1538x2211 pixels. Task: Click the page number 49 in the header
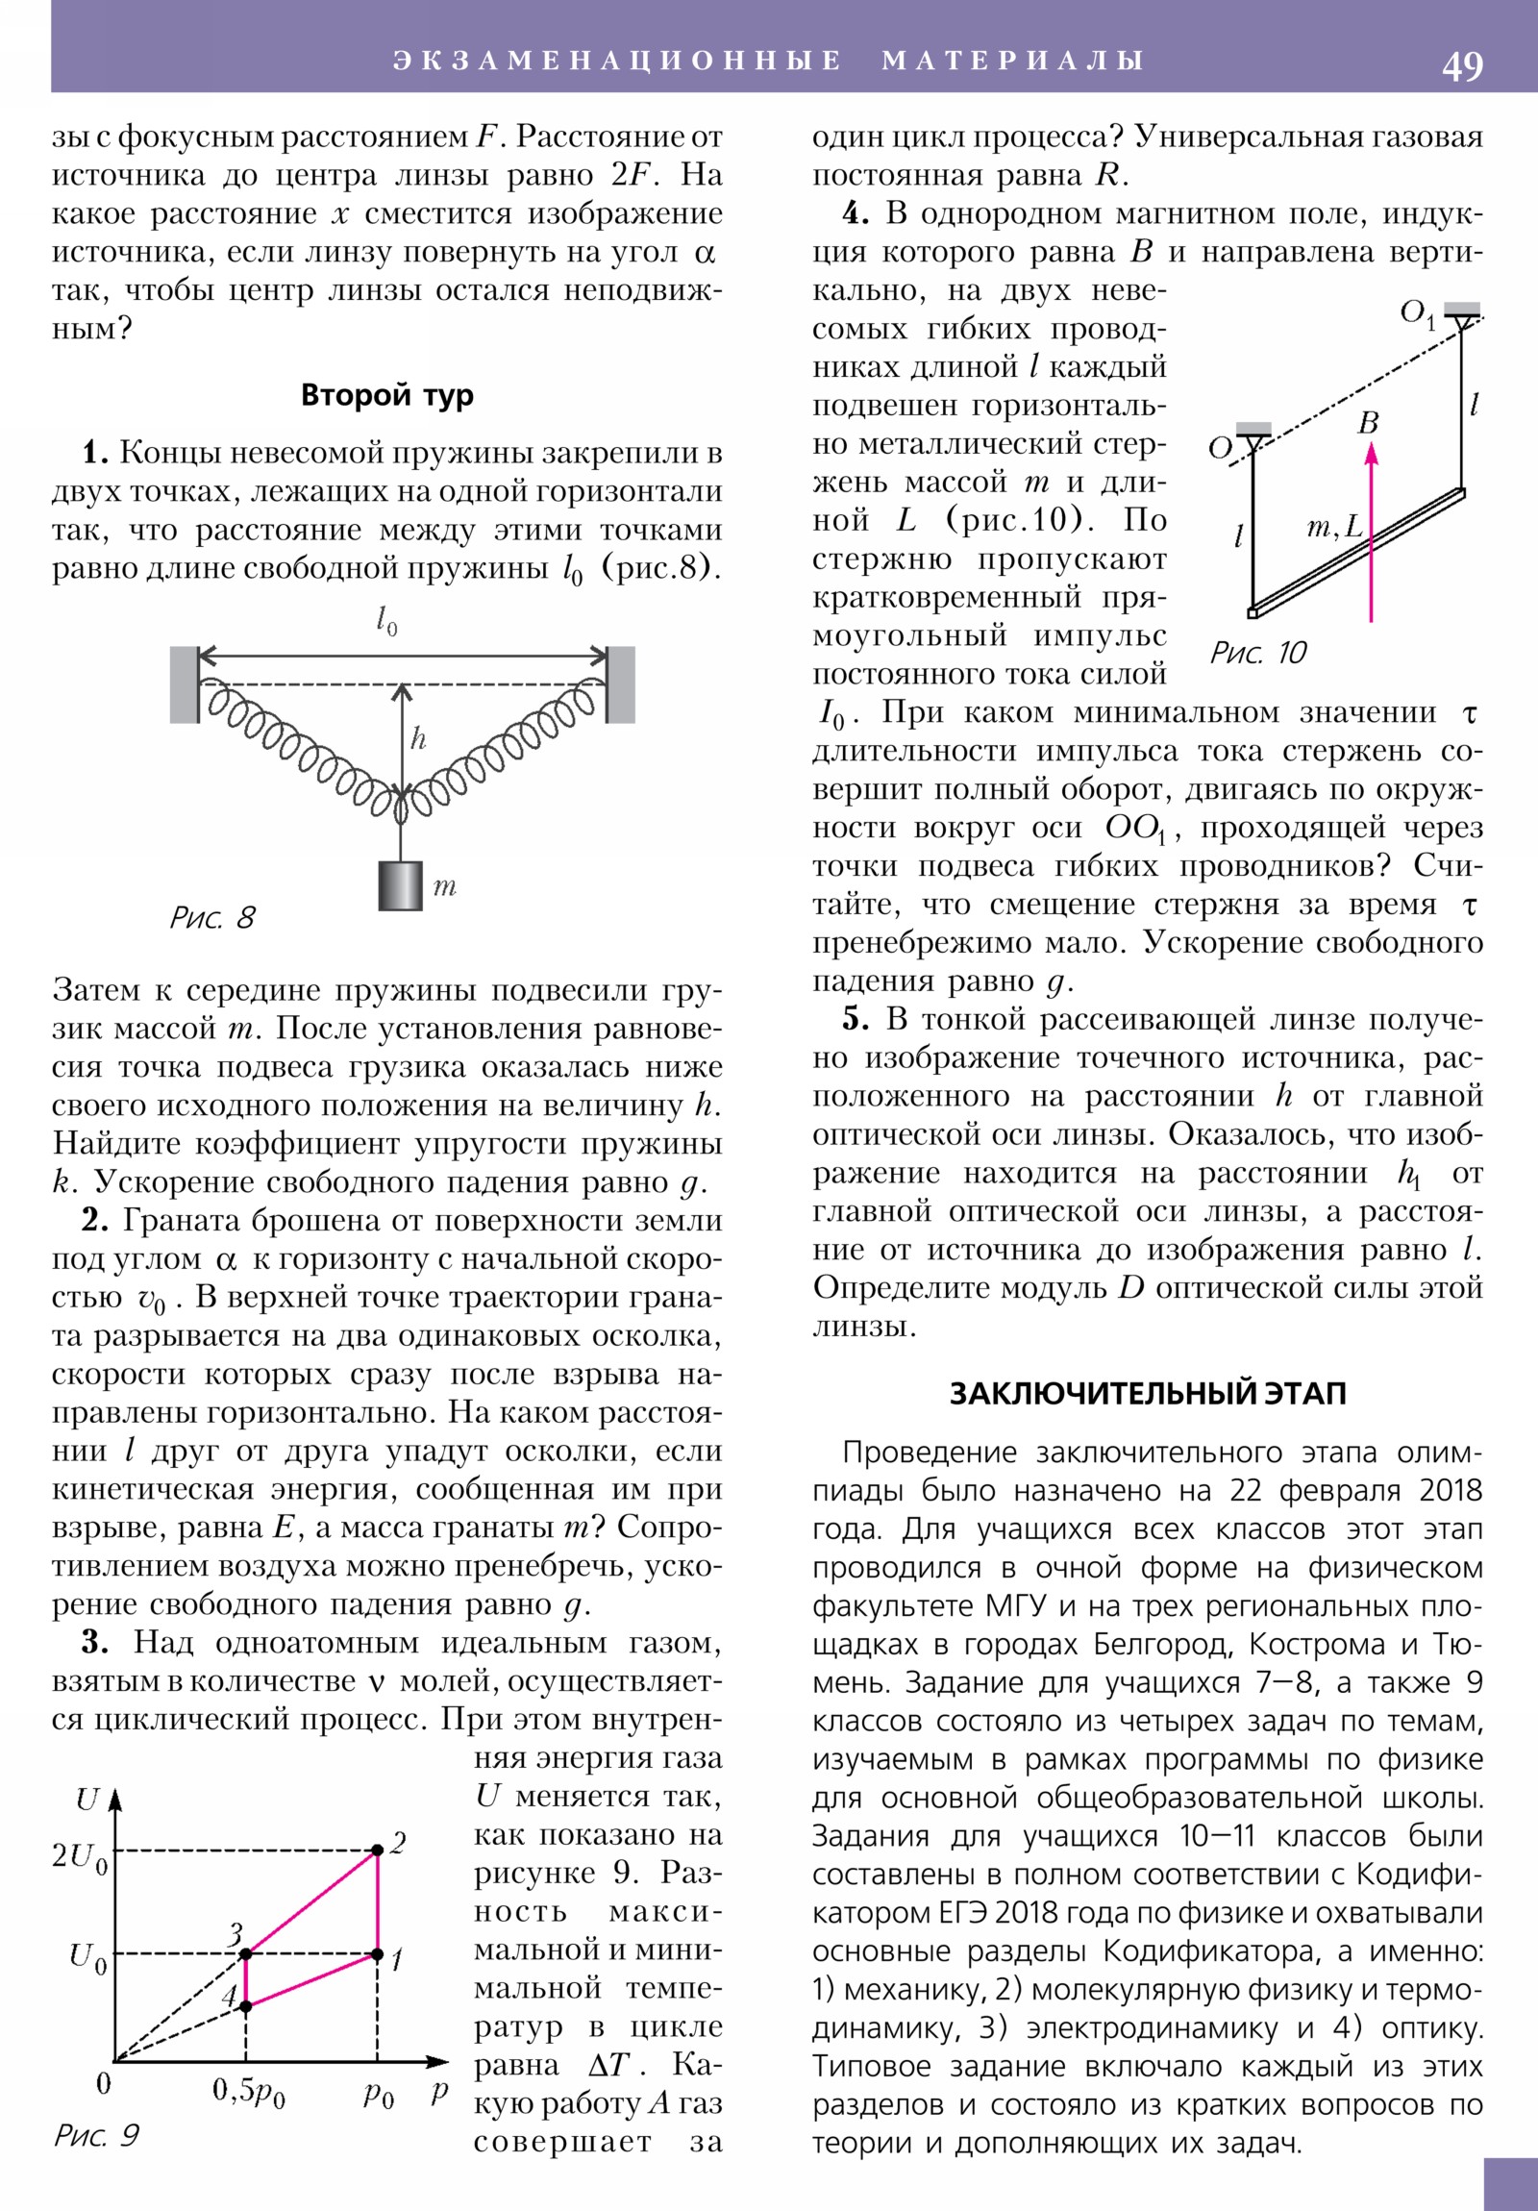[1462, 66]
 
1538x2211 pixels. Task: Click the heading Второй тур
[387, 396]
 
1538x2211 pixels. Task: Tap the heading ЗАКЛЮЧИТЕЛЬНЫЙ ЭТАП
[1147, 1394]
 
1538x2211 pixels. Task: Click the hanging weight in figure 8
[401, 885]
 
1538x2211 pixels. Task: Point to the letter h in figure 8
[418, 738]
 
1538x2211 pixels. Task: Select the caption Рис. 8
[212, 917]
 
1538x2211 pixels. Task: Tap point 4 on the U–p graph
[245, 2006]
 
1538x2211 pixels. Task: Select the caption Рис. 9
[96, 2136]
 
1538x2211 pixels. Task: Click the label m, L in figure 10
[1334, 527]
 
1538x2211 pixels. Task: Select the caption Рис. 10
[1257, 653]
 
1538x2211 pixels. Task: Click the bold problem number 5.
[856, 1019]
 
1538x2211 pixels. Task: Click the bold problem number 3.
[95, 1642]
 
